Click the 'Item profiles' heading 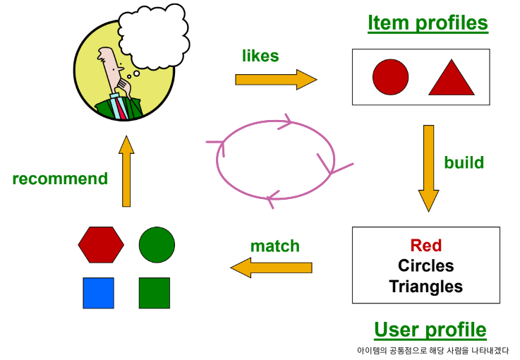click(428, 23)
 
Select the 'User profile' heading click(430, 330)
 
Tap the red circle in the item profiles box click(390, 77)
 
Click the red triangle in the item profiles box click(451, 79)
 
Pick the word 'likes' click(260, 55)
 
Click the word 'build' click(464, 162)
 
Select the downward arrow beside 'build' click(428, 168)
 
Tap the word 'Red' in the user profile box click(425, 246)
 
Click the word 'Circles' click(425, 266)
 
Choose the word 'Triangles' click(425, 287)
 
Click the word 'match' click(275, 246)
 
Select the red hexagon click(101, 244)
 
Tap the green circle click(157, 245)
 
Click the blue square click(98, 293)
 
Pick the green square click(154, 293)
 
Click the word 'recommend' click(60, 179)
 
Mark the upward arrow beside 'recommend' click(126, 171)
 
